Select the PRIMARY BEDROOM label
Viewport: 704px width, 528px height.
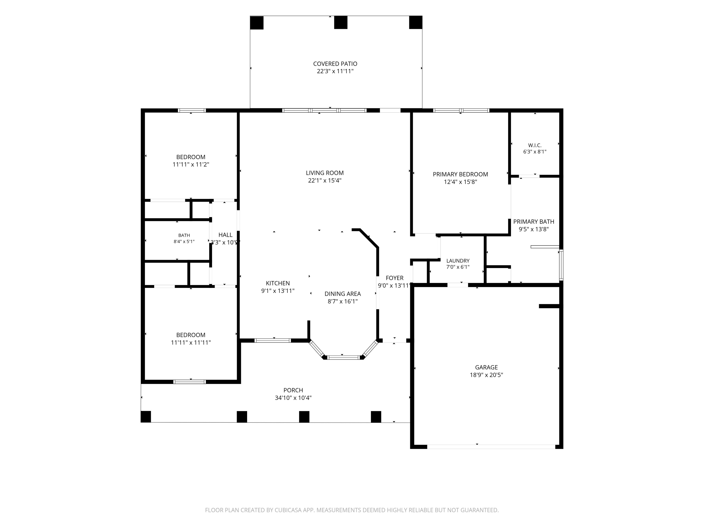tap(460, 174)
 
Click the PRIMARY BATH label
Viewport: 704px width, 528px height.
tap(534, 222)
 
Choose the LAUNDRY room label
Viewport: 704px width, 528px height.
tap(458, 261)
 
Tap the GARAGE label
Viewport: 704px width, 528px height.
tap(486, 367)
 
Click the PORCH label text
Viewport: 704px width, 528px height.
tap(293, 390)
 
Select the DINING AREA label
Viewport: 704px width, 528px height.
tap(343, 294)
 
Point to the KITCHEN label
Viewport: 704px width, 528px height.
tap(278, 283)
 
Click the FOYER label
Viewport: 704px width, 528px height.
tap(395, 278)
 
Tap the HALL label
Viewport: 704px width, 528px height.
tap(225, 235)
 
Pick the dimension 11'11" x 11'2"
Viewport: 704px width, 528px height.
tap(191, 165)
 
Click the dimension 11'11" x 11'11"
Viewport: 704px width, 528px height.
tap(191, 342)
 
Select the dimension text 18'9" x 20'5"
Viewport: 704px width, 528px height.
tap(486, 375)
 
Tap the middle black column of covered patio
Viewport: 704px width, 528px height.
tap(341, 23)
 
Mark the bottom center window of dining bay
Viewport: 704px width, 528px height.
tap(344, 357)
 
